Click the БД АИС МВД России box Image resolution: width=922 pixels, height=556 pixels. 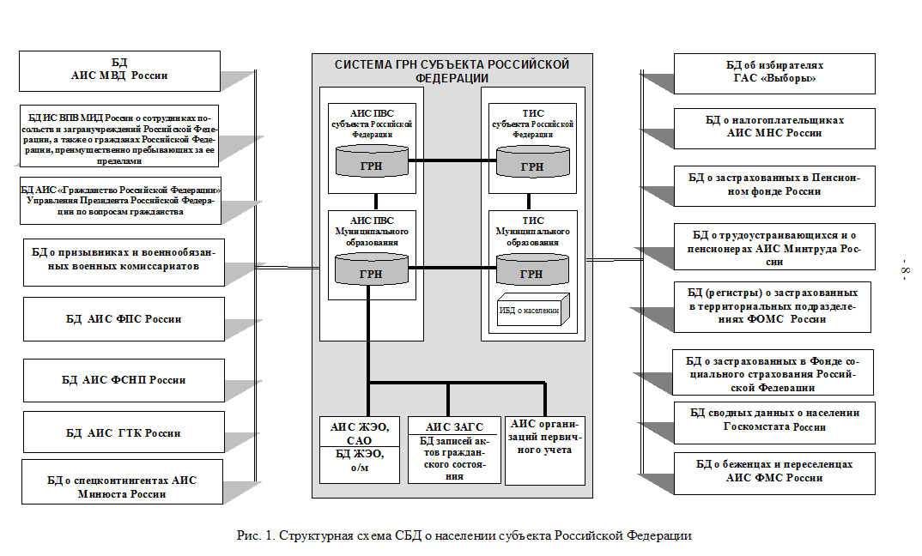point(119,69)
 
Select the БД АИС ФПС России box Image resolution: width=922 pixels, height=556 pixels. point(124,318)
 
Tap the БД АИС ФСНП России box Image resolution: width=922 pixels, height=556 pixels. point(124,380)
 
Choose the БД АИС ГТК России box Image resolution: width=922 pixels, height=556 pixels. point(124,433)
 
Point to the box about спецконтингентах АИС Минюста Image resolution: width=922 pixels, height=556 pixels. point(122,486)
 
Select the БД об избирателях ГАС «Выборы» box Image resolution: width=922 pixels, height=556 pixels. point(775,72)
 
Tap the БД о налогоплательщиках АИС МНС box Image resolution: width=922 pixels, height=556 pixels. point(775,127)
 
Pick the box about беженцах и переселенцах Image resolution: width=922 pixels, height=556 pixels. point(775,471)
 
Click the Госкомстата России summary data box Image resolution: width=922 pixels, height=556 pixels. point(775,420)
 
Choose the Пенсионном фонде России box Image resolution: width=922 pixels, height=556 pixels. point(775,184)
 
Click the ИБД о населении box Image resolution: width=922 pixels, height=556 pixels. point(528,310)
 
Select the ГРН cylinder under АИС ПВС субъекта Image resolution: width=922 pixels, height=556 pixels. point(372,161)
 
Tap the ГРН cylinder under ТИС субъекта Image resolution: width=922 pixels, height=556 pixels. point(532,161)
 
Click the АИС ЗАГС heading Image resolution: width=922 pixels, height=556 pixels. point(454,426)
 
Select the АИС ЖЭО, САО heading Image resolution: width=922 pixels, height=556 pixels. point(360,432)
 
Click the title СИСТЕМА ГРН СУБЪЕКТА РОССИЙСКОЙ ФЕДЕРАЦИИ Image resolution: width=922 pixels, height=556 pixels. point(452,71)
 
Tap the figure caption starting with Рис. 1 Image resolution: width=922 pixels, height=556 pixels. point(464,536)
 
